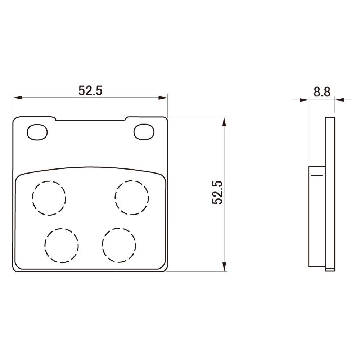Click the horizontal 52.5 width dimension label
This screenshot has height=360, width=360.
[x=91, y=91]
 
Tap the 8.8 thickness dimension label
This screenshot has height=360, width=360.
[x=321, y=92]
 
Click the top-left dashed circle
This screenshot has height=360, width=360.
[x=49, y=198]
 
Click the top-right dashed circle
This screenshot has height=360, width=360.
[x=132, y=198]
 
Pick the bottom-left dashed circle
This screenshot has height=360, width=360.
[x=62, y=246]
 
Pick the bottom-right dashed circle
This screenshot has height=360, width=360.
[x=119, y=246]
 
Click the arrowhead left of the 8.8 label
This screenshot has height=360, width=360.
[x=305, y=100]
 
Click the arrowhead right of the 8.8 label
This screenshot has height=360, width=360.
[x=339, y=100]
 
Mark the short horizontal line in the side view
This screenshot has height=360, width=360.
[x=316, y=175]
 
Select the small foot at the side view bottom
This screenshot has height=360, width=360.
[x=330, y=269]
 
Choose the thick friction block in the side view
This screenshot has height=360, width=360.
[x=317, y=216]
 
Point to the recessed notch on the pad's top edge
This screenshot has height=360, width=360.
[x=91, y=119]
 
